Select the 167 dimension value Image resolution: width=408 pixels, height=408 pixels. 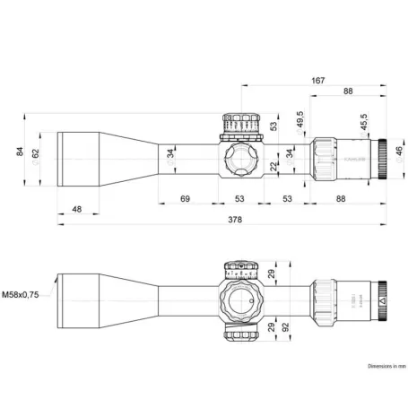[318, 81]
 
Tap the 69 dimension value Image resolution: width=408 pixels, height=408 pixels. [186, 197]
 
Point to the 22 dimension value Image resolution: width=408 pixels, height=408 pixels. [273, 168]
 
